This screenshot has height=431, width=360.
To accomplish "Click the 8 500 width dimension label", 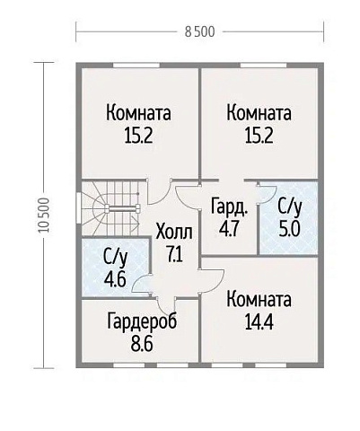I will click(x=199, y=32).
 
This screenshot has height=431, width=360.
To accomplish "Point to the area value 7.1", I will click(x=173, y=253).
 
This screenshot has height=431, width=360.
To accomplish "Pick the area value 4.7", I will click(x=227, y=227).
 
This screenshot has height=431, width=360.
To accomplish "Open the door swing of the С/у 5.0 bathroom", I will click(x=266, y=192).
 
